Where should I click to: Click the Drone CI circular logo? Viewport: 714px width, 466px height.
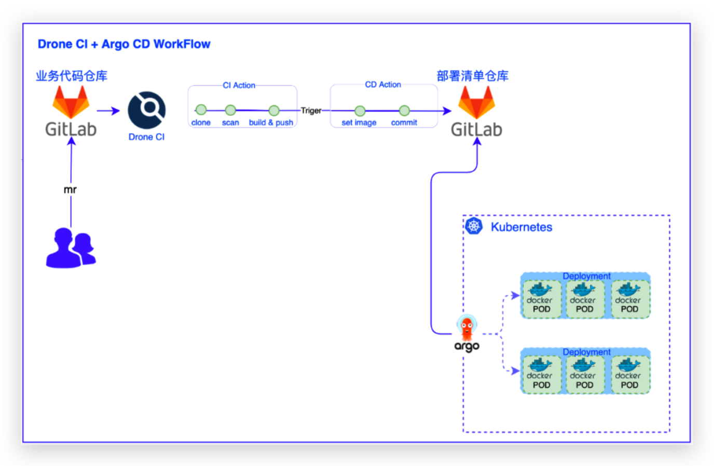(147, 110)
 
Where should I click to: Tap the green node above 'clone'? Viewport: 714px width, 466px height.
(201, 109)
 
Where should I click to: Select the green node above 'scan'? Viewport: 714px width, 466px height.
(230, 110)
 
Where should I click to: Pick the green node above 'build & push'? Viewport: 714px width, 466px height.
(274, 110)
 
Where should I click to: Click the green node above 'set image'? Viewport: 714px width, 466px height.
(360, 111)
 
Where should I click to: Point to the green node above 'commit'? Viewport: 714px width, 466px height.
(404, 111)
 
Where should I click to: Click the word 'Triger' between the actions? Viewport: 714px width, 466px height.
(311, 111)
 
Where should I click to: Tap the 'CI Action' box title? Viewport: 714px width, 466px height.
(239, 85)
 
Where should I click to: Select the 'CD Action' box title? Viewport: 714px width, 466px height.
(383, 85)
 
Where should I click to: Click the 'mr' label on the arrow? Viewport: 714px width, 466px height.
(70, 190)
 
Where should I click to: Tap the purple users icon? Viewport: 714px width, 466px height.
(71, 248)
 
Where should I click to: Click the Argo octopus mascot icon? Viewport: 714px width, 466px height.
(467, 327)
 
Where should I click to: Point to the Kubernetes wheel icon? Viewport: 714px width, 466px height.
(473, 226)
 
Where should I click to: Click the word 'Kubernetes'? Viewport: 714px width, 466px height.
(521, 227)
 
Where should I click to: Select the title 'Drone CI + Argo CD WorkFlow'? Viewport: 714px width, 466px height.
(124, 44)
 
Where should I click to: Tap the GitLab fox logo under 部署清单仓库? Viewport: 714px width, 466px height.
(476, 102)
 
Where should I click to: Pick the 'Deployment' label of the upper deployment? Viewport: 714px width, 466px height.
(586, 276)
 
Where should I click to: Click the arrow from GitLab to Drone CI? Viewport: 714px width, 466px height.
(108, 111)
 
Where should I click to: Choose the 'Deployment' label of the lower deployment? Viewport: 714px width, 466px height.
(586, 352)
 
